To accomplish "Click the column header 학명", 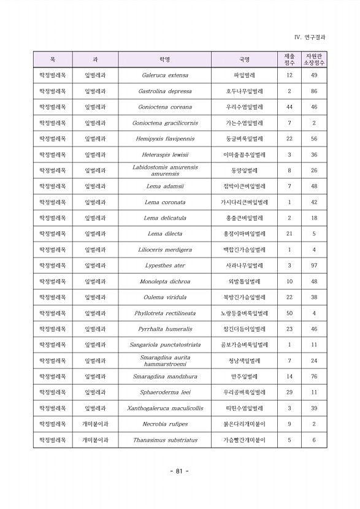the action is [x=165, y=59].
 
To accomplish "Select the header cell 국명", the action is [x=245, y=59].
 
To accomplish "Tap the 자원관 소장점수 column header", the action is [x=314, y=59].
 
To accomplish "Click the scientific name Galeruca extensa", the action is [x=165, y=75].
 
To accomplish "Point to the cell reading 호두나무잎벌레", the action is [x=245, y=91].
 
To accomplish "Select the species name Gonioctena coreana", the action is [x=165, y=107].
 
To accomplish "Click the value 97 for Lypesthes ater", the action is [x=314, y=266].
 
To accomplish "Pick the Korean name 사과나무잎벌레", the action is [x=245, y=266].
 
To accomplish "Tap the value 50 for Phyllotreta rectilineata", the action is [x=289, y=313].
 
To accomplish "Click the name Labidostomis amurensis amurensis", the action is [x=165, y=170].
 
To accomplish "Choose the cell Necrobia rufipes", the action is [x=165, y=424].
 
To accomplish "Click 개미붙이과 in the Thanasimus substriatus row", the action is [x=95, y=440].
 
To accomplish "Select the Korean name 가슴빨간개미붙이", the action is [x=245, y=440].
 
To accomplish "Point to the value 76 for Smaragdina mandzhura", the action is [x=314, y=377].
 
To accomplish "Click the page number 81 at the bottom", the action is [x=179, y=471].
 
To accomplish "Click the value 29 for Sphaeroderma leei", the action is [x=289, y=392].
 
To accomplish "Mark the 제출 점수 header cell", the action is [x=289, y=59].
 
